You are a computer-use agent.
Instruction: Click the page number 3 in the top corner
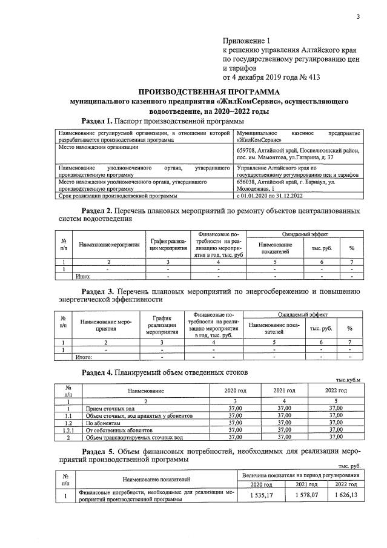coord(358,16)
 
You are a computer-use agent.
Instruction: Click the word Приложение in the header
coord(245,39)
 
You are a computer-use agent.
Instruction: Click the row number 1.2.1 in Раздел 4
coord(69,430)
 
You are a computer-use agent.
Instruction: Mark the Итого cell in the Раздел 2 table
coord(82,276)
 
